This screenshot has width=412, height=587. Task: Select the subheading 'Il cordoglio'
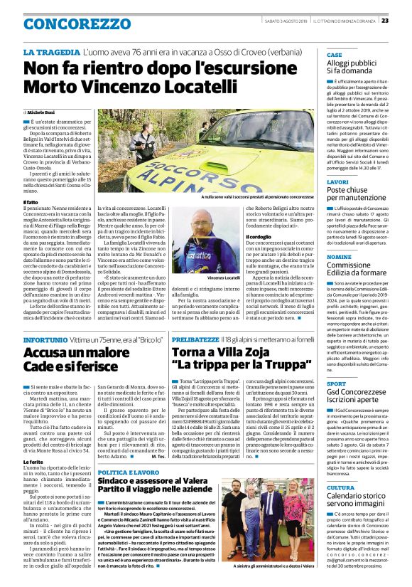click(x=259, y=236)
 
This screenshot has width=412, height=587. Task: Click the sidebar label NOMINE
click(x=340, y=256)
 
